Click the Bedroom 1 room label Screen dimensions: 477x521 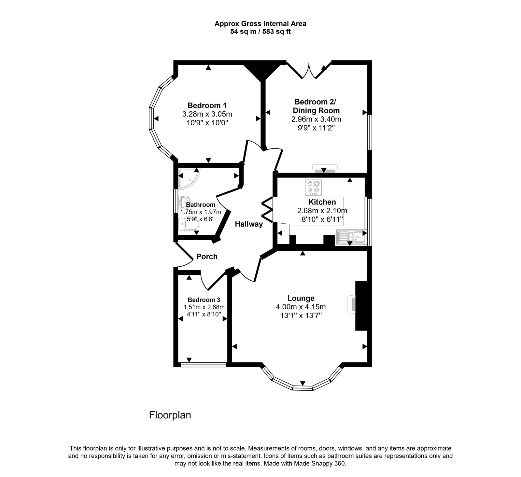coord(207,105)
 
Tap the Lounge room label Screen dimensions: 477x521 coord(301,298)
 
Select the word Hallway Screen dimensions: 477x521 coord(249,224)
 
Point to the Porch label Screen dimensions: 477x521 coord(207,257)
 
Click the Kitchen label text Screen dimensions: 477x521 coord(322,202)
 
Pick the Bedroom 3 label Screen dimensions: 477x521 coord(204,300)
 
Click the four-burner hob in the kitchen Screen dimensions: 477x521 coord(313,187)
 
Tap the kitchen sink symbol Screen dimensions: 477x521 coord(351,237)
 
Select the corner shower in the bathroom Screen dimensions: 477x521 coord(188,179)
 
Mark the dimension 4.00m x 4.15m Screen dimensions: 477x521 coord(301,307)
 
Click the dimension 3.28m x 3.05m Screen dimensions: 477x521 coord(207,114)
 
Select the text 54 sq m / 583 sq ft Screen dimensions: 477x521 coord(260,32)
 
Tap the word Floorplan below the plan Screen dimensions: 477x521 coord(170,415)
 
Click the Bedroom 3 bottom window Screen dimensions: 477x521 coord(204,365)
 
